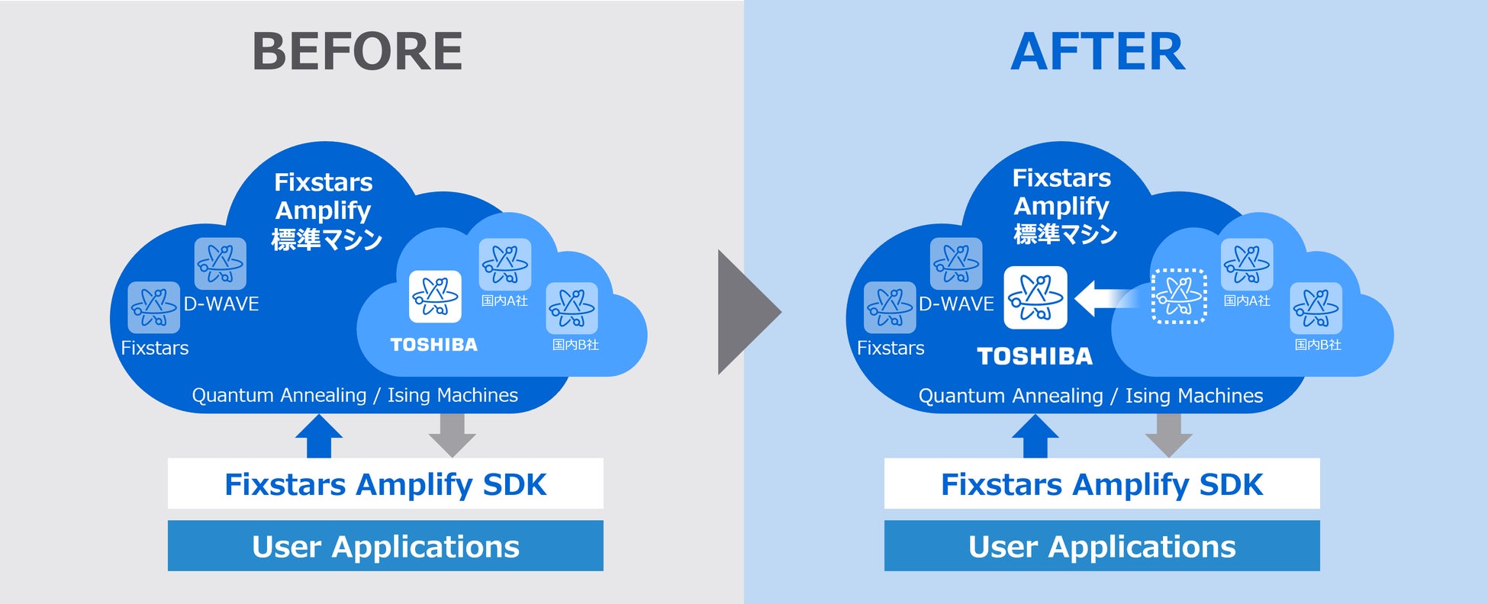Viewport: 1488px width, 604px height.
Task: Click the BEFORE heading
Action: tap(357, 52)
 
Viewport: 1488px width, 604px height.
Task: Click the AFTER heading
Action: tap(1097, 52)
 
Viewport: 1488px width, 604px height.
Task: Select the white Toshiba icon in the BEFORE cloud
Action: tap(435, 297)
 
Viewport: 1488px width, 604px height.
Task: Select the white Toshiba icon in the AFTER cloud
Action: tap(1035, 297)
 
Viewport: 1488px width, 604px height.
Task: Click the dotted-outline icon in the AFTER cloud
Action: tap(1178, 296)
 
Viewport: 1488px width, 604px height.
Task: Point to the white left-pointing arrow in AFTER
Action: tap(1103, 298)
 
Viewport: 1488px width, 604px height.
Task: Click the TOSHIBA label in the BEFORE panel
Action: tap(433, 345)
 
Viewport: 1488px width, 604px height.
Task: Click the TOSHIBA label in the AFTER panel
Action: tap(1035, 356)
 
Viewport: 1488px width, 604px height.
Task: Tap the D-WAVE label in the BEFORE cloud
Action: tap(221, 304)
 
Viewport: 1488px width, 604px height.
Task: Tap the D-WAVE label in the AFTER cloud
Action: tap(956, 304)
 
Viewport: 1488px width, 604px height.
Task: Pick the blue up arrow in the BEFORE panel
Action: tap(319, 436)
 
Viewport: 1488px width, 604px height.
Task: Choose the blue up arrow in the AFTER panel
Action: tap(1035, 436)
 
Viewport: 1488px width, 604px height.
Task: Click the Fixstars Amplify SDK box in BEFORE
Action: tap(385, 484)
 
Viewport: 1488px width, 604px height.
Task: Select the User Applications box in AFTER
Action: tap(1102, 546)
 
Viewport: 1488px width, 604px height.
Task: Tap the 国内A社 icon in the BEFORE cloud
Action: tap(505, 264)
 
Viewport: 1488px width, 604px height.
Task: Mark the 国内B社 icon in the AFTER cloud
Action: tap(1316, 308)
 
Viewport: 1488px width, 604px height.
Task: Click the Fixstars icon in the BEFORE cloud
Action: tap(154, 307)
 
